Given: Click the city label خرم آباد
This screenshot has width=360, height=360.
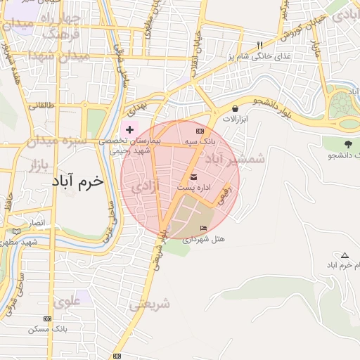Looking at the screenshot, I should (x=77, y=181).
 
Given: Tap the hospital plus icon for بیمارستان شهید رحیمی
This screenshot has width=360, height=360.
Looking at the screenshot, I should (x=129, y=129).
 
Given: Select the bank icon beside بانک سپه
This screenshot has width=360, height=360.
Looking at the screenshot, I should (x=200, y=131).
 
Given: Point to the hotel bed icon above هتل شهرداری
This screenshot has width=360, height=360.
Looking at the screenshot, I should (x=204, y=228).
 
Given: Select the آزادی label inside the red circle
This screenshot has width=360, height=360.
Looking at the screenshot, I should (x=146, y=187).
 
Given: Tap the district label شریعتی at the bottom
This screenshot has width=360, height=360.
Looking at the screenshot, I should (x=149, y=304).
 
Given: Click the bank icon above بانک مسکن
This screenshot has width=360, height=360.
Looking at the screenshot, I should (x=47, y=319).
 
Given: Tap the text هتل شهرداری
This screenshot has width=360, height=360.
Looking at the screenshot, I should (x=205, y=239).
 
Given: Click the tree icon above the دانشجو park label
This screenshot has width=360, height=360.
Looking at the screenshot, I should (x=346, y=143).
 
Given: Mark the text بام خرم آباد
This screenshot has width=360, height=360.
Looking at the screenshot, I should (x=342, y=265).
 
